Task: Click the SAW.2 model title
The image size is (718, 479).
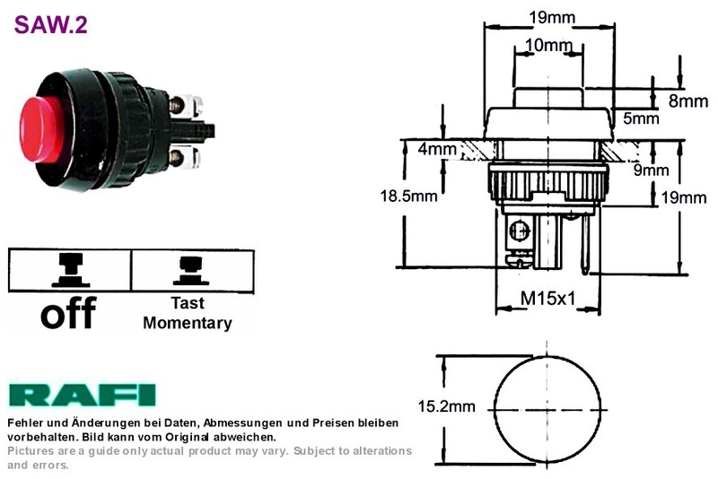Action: pyautogui.click(x=50, y=25)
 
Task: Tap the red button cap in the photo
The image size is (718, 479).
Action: pyautogui.click(x=41, y=129)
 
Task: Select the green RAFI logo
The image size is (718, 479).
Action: pyautogui.click(x=82, y=396)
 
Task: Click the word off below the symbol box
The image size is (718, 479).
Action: pyautogui.click(x=69, y=312)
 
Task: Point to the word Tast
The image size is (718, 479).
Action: pyautogui.click(x=188, y=303)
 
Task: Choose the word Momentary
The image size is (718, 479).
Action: pyautogui.click(x=188, y=323)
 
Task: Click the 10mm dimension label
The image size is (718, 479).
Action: pyautogui.click(x=548, y=45)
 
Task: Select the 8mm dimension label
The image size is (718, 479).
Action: pyautogui.click(x=688, y=101)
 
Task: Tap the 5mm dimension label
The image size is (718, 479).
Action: pyautogui.click(x=641, y=118)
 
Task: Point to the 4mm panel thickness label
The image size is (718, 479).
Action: pyautogui.click(x=437, y=149)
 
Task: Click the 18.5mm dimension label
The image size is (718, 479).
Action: pyautogui.click(x=408, y=196)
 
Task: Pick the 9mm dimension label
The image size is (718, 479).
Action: pyautogui.click(x=651, y=170)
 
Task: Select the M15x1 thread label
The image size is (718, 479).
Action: pyautogui.click(x=548, y=299)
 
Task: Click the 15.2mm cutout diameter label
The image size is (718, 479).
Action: pyautogui.click(x=446, y=406)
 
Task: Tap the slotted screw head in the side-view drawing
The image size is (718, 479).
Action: pyautogui.click(x=520, y=230)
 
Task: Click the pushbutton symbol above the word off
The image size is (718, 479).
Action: pyautogui.click(x=71, y=270)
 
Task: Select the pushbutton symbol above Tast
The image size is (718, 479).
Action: pyautogui.click(x=191, y=271)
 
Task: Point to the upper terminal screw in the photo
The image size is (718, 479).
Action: pyautogui.click(x=176, y=105)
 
